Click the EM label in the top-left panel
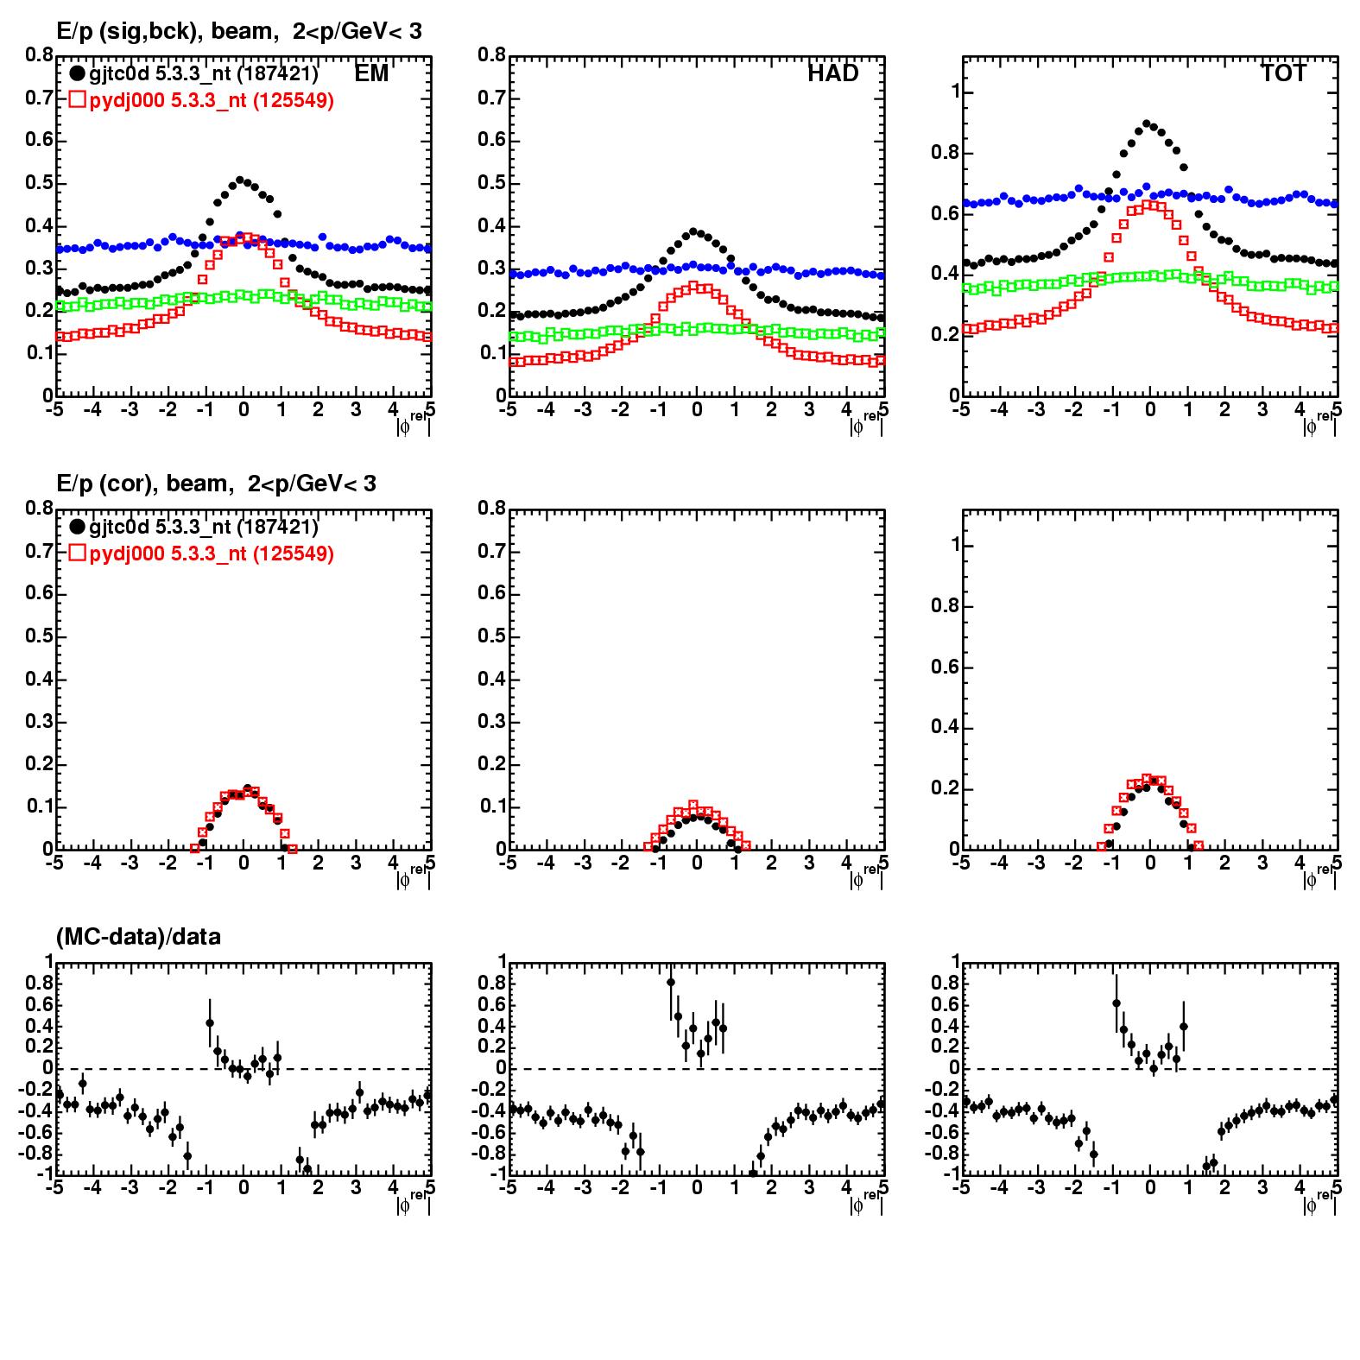371,73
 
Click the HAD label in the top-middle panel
833,73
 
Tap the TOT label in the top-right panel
1284,73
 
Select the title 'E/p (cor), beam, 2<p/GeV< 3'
216,484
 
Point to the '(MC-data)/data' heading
138,936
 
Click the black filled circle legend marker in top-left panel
78,74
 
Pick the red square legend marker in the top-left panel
78,100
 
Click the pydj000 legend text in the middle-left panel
212,553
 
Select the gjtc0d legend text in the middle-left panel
204,527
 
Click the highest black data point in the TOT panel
1148,124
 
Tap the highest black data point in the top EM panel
241,180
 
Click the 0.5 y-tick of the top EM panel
38,183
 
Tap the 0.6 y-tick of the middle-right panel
943,667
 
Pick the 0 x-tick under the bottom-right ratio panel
1149,1188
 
